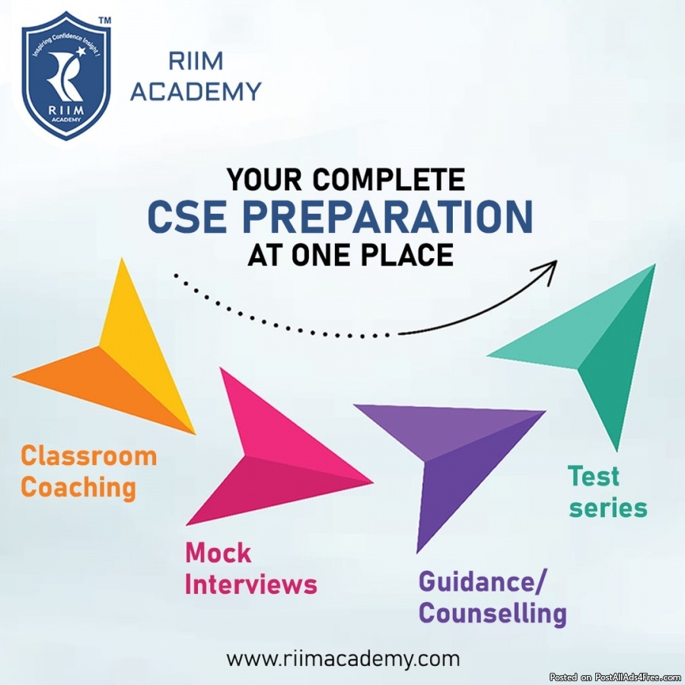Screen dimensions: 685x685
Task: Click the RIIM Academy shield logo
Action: (x=66, y=76)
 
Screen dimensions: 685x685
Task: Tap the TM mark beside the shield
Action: (x=105, y=20)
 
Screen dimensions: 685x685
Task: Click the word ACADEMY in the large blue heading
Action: (x=196, y=92)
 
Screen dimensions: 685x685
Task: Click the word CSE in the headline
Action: (x=187, y=216)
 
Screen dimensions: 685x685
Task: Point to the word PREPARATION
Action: (x=387, y=216)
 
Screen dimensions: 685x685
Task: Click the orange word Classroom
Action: (x=89, y=456)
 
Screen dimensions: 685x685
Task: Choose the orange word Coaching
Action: (x=78, y=488)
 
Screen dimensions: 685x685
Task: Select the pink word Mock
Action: (x=218, y=553)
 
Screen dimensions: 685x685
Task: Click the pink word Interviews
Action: (x=250, y=584)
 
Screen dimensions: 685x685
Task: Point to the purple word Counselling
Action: (x=492, y=613)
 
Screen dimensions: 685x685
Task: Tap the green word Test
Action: (x=593, y=476)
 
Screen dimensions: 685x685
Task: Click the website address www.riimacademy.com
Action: (x=343, y=659)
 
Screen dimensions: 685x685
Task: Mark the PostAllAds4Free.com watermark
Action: (x=616, y=677)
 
